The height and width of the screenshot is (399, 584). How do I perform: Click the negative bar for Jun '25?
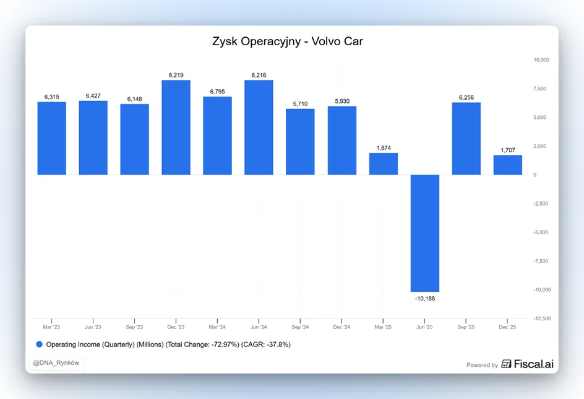click(424, 233)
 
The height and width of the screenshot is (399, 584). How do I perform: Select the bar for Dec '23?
click(176, 127)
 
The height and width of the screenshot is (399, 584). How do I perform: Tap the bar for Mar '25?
click(384, 164)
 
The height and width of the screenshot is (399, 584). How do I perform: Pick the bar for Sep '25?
click(466, 138)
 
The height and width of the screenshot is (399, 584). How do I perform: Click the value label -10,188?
click(425, 298)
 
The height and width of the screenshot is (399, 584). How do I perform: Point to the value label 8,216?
click(259, 75)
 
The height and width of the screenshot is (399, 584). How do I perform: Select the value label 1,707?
click(508, 150)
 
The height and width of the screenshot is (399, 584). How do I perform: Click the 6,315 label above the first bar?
click(52, 97)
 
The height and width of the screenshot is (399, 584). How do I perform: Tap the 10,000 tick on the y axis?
click(541, 59)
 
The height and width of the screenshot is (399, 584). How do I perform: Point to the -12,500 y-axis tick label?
click(542, 318)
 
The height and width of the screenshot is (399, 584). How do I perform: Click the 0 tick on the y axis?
click(535, 175)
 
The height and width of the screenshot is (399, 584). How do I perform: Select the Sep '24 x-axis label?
click(300, 327)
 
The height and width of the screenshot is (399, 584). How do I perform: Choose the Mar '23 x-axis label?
click(51, 327)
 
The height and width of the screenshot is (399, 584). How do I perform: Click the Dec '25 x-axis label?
click(507, 327)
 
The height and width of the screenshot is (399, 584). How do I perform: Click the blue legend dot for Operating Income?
click(39, 344)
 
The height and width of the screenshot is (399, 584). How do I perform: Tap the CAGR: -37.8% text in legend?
click(266, 344)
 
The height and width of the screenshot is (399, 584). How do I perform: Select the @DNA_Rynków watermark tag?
click(56, 363)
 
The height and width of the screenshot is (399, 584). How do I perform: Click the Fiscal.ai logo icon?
click(506, 364)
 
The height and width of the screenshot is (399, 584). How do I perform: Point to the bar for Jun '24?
click(259, 127)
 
